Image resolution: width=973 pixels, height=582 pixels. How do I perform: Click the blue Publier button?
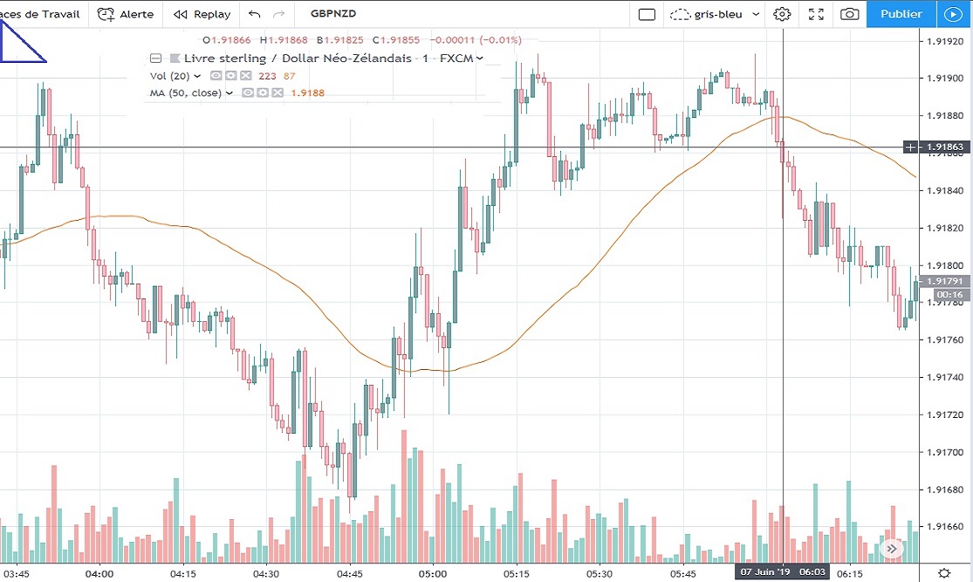[x=901, y=14]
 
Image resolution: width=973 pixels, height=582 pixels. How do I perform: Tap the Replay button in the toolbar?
[x=202, y=14]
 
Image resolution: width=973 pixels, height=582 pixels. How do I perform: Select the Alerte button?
[x=126, y=14]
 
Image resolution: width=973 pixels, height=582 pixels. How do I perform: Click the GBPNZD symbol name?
[x=332, y=14]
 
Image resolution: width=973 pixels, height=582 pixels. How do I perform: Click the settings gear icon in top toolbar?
[x=782, y=14]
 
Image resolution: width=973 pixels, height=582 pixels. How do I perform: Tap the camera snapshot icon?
[x=849, y=14]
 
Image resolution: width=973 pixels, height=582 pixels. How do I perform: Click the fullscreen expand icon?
[x=816, y=14]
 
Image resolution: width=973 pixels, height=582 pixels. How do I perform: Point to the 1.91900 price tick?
[x=945, y=79]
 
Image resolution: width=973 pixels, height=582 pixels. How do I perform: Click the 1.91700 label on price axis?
[x=945, y=452]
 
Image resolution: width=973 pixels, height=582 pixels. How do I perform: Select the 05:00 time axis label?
[x=433, y=573]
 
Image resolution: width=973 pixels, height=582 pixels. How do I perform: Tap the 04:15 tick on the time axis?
[x=183, y=573]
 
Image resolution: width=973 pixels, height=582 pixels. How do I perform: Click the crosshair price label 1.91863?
[x=945, y=147]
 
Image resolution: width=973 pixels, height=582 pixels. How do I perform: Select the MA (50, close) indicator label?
[x=186, y=92]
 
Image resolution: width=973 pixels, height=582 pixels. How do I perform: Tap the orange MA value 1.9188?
[x=307, y=92]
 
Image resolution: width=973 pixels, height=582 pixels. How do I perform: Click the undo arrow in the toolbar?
[x=254, y=14]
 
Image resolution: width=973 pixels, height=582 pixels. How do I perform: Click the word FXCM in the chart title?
[x=456, y=58]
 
